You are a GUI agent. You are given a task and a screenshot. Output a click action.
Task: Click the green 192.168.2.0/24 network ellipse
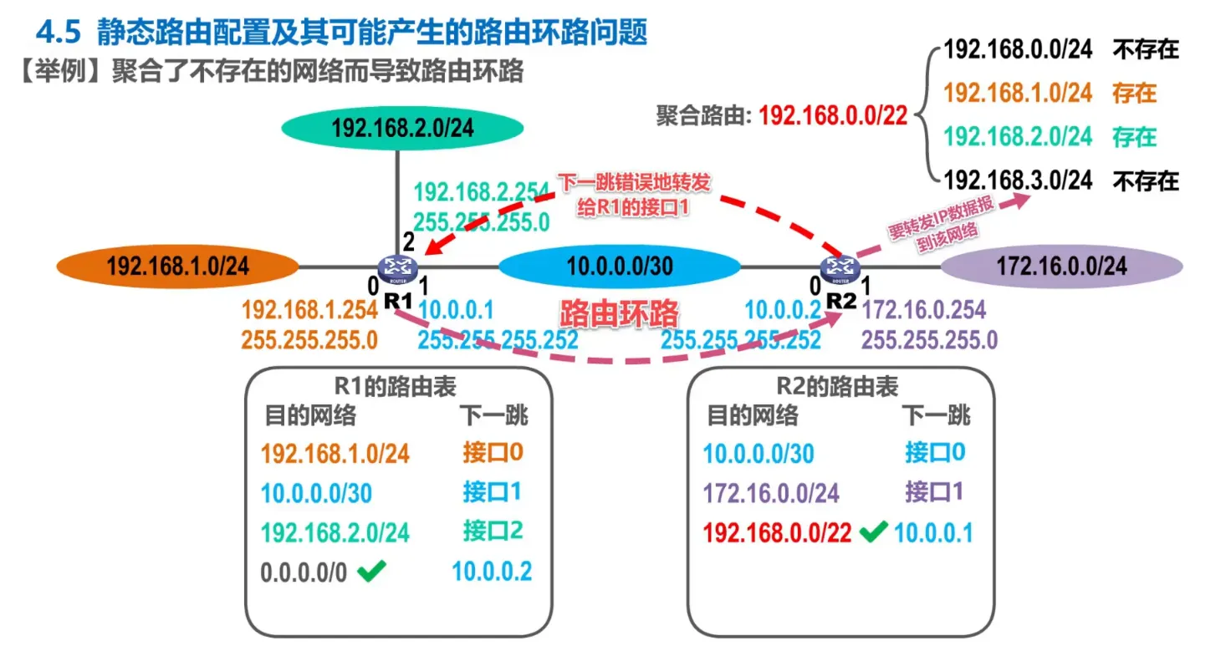402,127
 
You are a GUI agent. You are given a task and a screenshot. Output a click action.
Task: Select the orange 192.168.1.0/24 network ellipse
177,267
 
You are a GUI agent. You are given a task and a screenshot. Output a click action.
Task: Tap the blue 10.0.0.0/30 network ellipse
620,267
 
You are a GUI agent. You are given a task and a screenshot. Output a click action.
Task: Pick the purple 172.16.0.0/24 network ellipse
1061,267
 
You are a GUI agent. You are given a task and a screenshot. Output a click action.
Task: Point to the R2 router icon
835,267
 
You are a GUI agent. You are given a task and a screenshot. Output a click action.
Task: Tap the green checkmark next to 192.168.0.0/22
872,532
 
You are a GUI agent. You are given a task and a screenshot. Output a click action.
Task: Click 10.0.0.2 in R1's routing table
492,572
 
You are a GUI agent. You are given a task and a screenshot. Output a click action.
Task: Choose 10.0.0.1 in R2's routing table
933,533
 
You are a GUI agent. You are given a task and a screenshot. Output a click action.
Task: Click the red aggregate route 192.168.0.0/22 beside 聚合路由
833,116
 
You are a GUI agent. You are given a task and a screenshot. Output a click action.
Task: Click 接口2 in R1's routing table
493,531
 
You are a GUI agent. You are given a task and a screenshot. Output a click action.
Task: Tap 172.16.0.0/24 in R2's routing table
771,493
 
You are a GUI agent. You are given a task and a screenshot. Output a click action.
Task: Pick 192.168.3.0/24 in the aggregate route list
1018,180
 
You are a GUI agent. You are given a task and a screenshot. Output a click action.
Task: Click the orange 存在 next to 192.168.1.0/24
1134,93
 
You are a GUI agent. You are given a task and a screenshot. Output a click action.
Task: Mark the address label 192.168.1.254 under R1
309,311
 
